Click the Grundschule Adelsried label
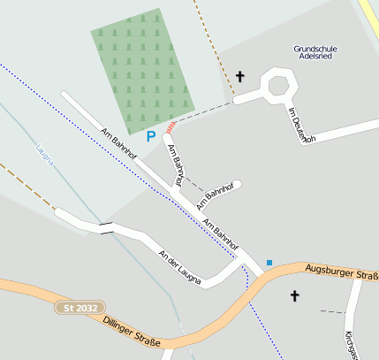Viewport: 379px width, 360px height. point(316,52)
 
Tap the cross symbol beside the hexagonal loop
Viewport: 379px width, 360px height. point(239,77)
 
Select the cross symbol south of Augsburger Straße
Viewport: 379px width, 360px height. point(294,296)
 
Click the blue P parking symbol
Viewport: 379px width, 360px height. point(150,136)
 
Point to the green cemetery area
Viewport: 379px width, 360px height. point(141,71)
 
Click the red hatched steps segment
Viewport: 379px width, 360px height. point(171,128)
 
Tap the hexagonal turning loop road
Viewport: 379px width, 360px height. point(279,87)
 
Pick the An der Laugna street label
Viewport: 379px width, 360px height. point(179,268)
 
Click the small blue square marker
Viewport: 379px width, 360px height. point(269,262)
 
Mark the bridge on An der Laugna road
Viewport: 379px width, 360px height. point(106,228)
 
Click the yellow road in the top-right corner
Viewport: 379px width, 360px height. point(369,16)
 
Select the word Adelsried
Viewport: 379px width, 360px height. point(316,57)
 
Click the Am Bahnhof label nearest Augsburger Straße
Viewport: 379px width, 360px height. point(221,232)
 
